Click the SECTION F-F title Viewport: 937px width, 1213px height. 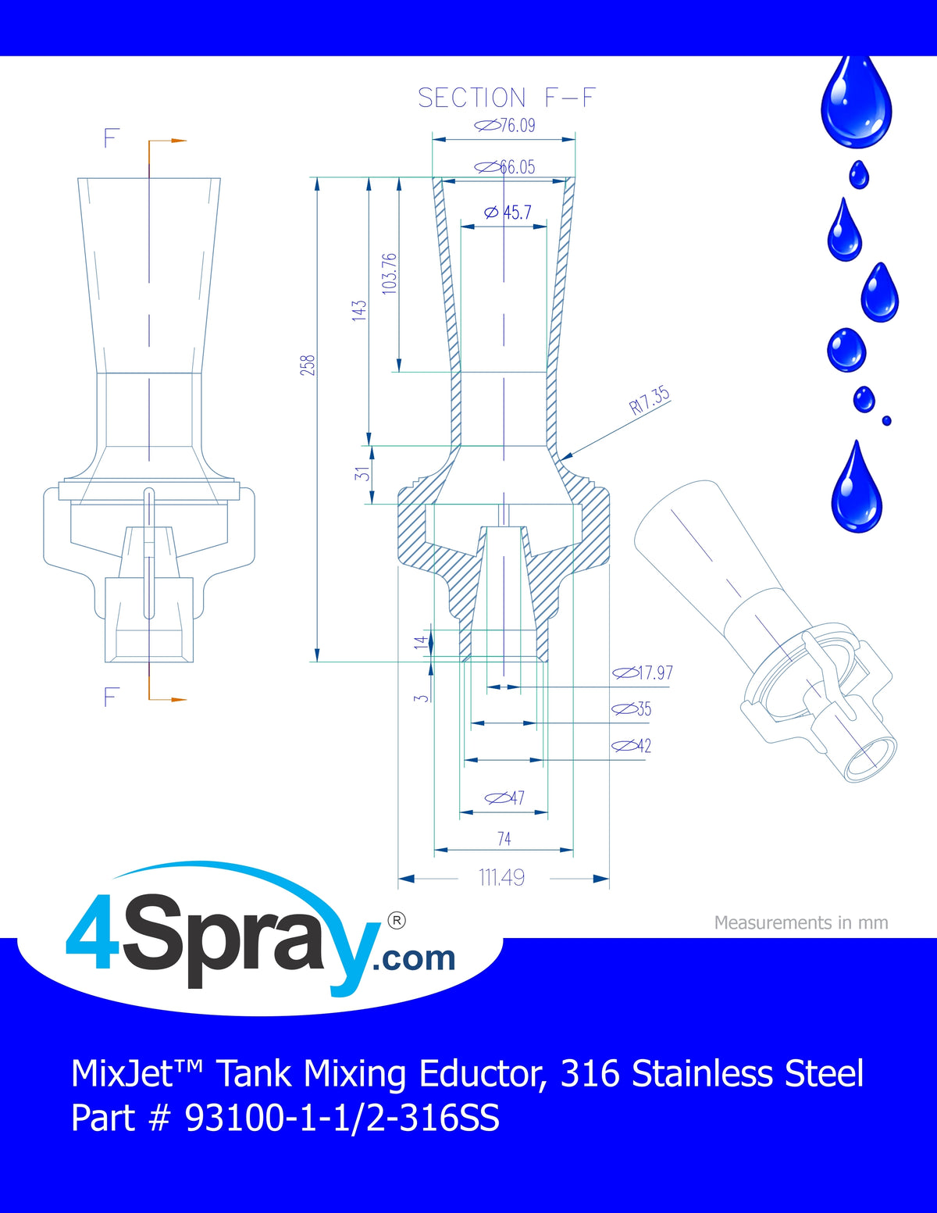[507, 98]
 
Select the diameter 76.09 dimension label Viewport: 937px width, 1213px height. [504, 125]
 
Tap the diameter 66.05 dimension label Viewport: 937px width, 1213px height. [504, 166]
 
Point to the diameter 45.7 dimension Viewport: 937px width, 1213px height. [508, 212]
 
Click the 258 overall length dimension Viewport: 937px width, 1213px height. [308, 365]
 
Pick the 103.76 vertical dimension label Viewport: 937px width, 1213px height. [390, 273]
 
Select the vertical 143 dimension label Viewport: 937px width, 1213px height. [359, 310]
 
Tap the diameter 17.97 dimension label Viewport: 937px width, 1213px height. [643, 673]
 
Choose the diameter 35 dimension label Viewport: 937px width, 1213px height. [631, 709]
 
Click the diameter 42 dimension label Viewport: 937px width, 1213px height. [631, 745]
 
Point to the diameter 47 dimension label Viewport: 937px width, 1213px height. [504, 797]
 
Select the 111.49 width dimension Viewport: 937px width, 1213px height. [502, 878]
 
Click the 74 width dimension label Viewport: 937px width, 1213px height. [504, 839]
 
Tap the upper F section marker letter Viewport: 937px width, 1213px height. [112, 138]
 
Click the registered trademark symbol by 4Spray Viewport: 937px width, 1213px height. [396, 921]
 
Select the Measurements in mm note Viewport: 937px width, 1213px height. [801, 922]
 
